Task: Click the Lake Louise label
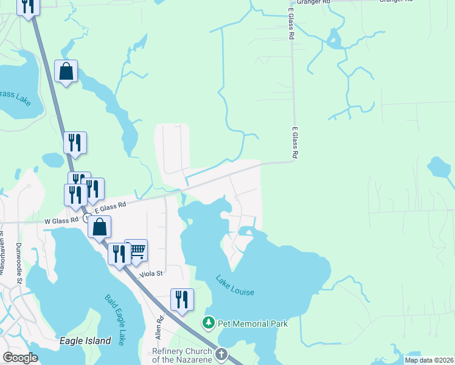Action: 235,286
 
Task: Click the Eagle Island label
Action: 85,341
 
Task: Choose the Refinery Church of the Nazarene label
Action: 182,355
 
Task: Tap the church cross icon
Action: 221,353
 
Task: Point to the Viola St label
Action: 151,274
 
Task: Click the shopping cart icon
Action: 137,250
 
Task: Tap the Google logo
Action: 20,358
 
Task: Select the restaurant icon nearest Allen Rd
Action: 182,299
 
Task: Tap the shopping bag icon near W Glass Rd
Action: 100,228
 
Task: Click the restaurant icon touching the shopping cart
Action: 119,253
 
